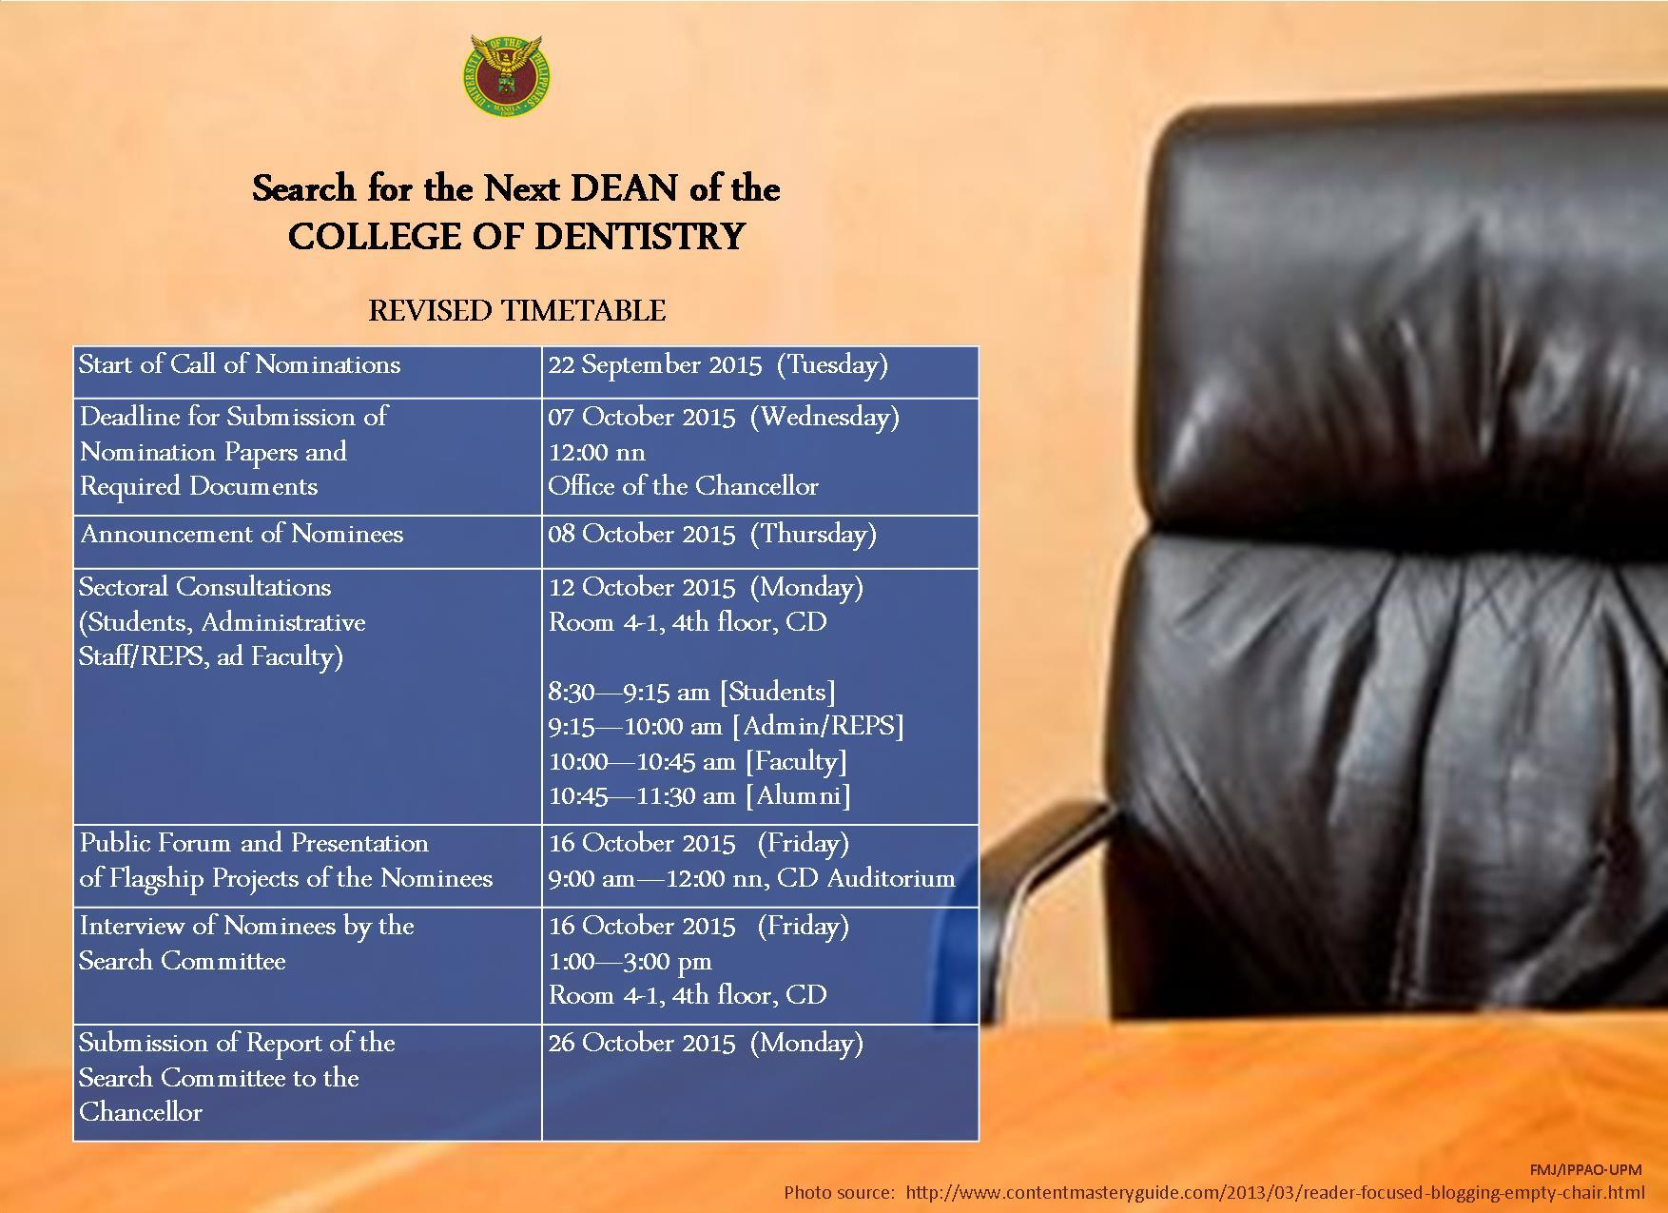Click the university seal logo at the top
(508, 78)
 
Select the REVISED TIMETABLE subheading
(517, 310)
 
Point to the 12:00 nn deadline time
(596, 452)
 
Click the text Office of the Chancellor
(683, 486)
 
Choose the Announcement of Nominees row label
(242, 534)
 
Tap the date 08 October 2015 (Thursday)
(712, 534)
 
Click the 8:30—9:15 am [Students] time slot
(692, 692)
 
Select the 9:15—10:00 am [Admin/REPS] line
(726, 727)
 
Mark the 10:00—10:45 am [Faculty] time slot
(698, 761)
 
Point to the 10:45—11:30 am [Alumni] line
(700, 795)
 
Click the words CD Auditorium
(865, 877)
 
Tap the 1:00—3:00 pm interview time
(630, 961)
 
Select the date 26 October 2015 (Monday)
(706, 1043)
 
